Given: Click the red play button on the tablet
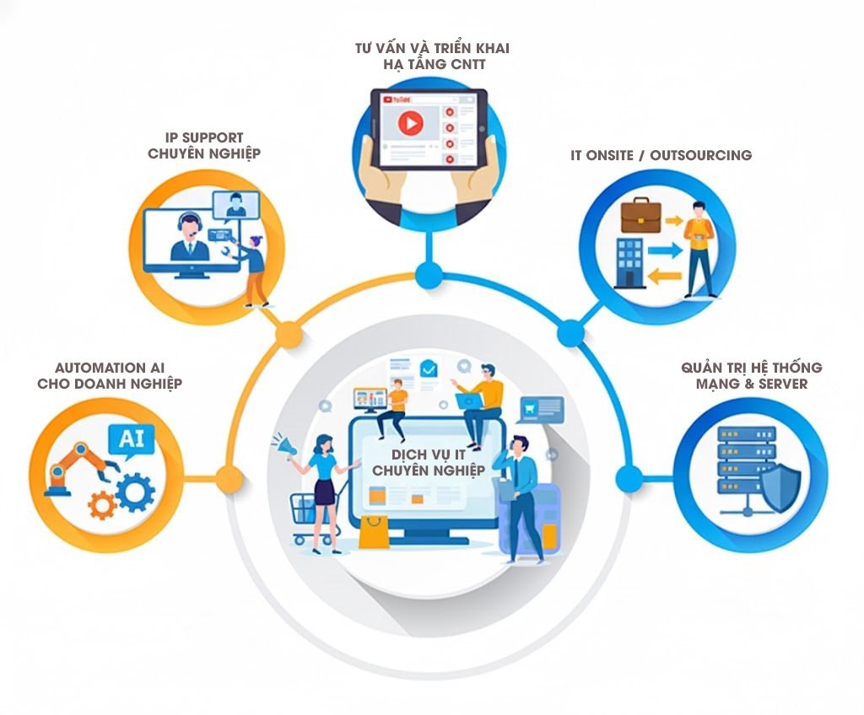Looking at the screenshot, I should (x=410, y=124).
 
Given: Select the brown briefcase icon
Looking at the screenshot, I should (x=640, y=215).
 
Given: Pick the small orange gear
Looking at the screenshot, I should (x=101, y=504).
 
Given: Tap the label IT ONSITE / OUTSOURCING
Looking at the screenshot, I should (x=661, y=155).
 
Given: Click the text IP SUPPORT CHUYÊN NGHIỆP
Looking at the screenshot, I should (x=204, y=145).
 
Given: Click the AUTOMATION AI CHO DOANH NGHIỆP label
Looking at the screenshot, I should (x=110, y=375).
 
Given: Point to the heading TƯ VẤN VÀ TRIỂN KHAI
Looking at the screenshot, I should (x=432, y=48).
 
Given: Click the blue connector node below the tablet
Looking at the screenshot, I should (x=429, y=273).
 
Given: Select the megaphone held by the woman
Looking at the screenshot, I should (x=282, y=445).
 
